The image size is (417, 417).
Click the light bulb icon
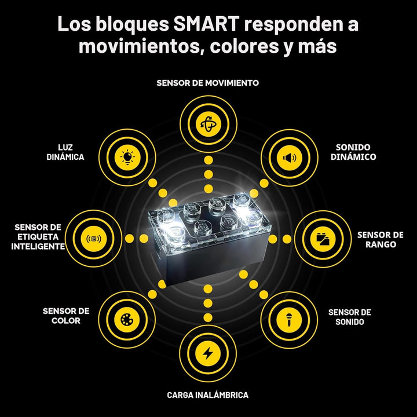[127, 158]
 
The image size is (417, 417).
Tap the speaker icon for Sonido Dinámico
[290, 158]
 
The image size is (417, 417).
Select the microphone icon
[289, 320]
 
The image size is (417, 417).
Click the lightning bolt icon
[208, 353]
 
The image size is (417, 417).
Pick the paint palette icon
[127, 319]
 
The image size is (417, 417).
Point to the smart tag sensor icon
[94, 239]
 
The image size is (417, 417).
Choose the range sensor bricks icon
[323, 239]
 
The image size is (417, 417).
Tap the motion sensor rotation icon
[209, 124]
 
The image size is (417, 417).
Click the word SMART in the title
[206, 24]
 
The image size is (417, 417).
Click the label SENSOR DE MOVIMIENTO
[208, 83]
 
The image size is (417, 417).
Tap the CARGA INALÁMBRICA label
[208, 395]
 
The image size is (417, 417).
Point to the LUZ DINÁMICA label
[65, 152]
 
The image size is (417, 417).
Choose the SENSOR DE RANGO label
[381, 240]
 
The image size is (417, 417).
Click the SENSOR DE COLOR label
[66, 316]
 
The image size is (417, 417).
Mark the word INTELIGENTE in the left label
[38, 247]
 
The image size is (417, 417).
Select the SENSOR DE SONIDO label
[350, 317]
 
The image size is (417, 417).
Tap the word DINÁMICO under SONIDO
[353, 157]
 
